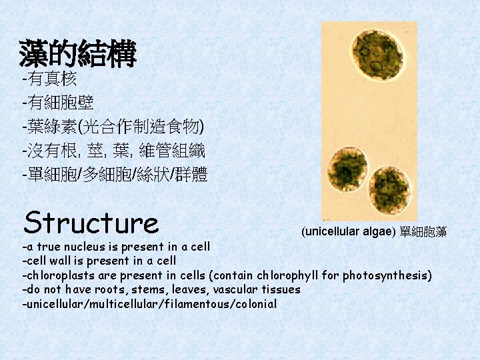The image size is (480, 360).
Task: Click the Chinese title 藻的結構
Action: (x=78, y=54)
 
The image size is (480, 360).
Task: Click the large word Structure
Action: (x=91, y=223)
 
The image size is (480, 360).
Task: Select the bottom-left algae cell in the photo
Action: (x=349, y=167)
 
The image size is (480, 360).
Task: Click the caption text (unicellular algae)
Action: (x=348, y=232)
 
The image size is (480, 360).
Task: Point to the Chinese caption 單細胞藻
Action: (x=423, y=232)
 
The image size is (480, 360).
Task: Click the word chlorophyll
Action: (x=287, y=275)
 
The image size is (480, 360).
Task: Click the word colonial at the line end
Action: (x=253, y=304)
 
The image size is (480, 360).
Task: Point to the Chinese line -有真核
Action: (x=50, y=80)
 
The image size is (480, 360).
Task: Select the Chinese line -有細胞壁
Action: (x=58, y=103)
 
